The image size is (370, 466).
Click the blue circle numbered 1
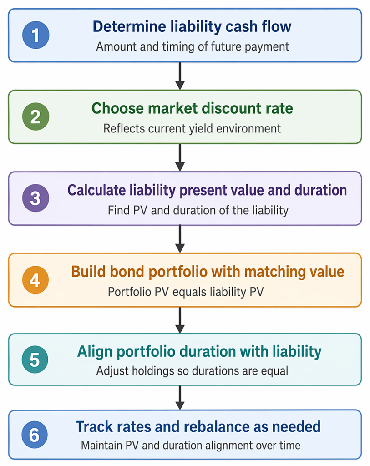pos(35,35)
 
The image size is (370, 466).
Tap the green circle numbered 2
pos(35,116)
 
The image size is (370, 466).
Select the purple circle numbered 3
pos(35,198)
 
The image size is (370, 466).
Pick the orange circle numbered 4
pos(35,280)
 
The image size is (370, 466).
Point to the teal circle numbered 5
pos(35,360)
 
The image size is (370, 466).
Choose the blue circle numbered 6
pos(35,435)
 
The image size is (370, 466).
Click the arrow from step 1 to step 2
pos(180,76)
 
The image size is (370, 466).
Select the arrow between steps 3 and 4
pos(180,238)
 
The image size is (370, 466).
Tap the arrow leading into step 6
pos(180,398)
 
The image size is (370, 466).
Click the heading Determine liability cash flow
pos(192,27)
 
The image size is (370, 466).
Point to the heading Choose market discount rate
pos(192,108)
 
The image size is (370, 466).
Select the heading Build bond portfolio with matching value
pos(208,272)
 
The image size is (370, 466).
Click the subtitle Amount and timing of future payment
pos(193,47)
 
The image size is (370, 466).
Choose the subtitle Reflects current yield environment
pos(192,129)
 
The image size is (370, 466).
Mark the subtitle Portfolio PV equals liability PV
pos(186,292)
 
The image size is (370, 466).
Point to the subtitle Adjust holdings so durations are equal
pos(192,371)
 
